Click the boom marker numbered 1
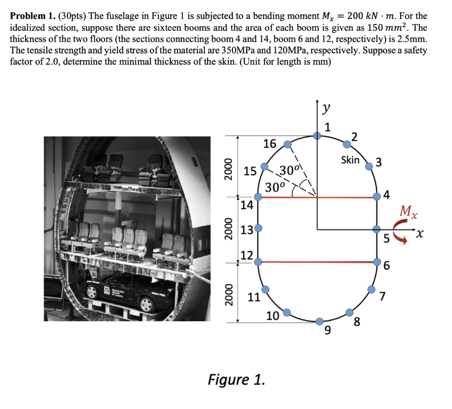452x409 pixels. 317,136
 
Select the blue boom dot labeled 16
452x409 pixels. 287,144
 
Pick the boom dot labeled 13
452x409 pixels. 258,229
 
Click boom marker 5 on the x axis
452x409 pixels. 377,229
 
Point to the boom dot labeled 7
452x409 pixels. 371,289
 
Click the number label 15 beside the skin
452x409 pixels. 250,171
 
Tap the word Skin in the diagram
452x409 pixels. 350,160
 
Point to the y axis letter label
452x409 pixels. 326,109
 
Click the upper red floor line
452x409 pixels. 317,197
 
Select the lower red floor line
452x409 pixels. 317,262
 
